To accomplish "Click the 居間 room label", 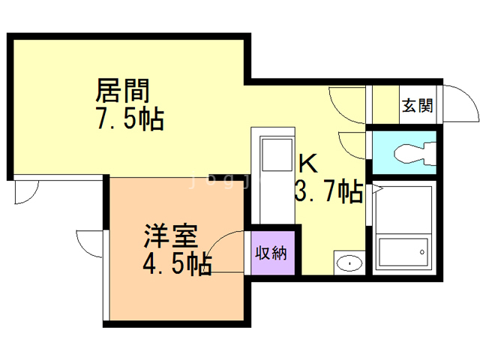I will pos(122,91).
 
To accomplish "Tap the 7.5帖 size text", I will pos(129,119).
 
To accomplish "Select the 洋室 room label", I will pos(170,236).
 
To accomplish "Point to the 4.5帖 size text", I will pos(177,264).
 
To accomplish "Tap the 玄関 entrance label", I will pos(417,105).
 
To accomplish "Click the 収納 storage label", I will pos(273,253).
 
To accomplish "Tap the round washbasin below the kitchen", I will pos(348,263).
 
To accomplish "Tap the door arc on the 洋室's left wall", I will pos(88,244).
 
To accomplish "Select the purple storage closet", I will pos(273,253).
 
